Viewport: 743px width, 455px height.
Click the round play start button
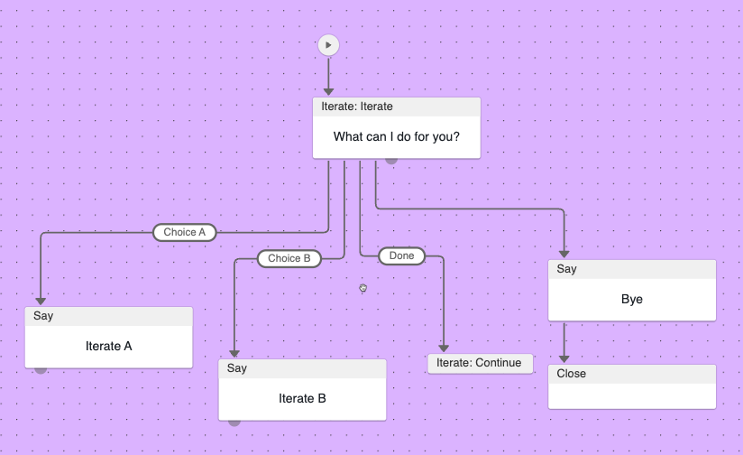328,44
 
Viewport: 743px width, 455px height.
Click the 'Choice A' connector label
185,232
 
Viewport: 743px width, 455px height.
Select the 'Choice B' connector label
289,258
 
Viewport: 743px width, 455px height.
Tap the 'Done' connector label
401,256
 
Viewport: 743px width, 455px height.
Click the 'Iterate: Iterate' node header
396,107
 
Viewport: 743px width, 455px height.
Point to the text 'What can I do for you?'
396,137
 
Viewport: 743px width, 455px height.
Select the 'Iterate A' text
108,346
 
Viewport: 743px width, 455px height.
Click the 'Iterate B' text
302,398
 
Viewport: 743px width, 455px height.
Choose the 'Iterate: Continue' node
480,363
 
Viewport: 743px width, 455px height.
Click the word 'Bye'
632,299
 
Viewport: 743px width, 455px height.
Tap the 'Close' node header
632,374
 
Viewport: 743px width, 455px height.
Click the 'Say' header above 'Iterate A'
108,316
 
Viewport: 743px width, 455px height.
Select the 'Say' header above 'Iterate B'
302,368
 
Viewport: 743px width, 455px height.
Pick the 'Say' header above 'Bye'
632,269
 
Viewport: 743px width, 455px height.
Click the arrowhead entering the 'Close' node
564,358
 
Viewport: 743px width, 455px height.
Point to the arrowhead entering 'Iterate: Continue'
443,348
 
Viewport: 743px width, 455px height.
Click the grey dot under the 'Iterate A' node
41,369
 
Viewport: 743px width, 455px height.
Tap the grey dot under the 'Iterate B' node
234,422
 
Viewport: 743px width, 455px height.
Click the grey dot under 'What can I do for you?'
391,160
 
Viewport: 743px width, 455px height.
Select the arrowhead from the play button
328,91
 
